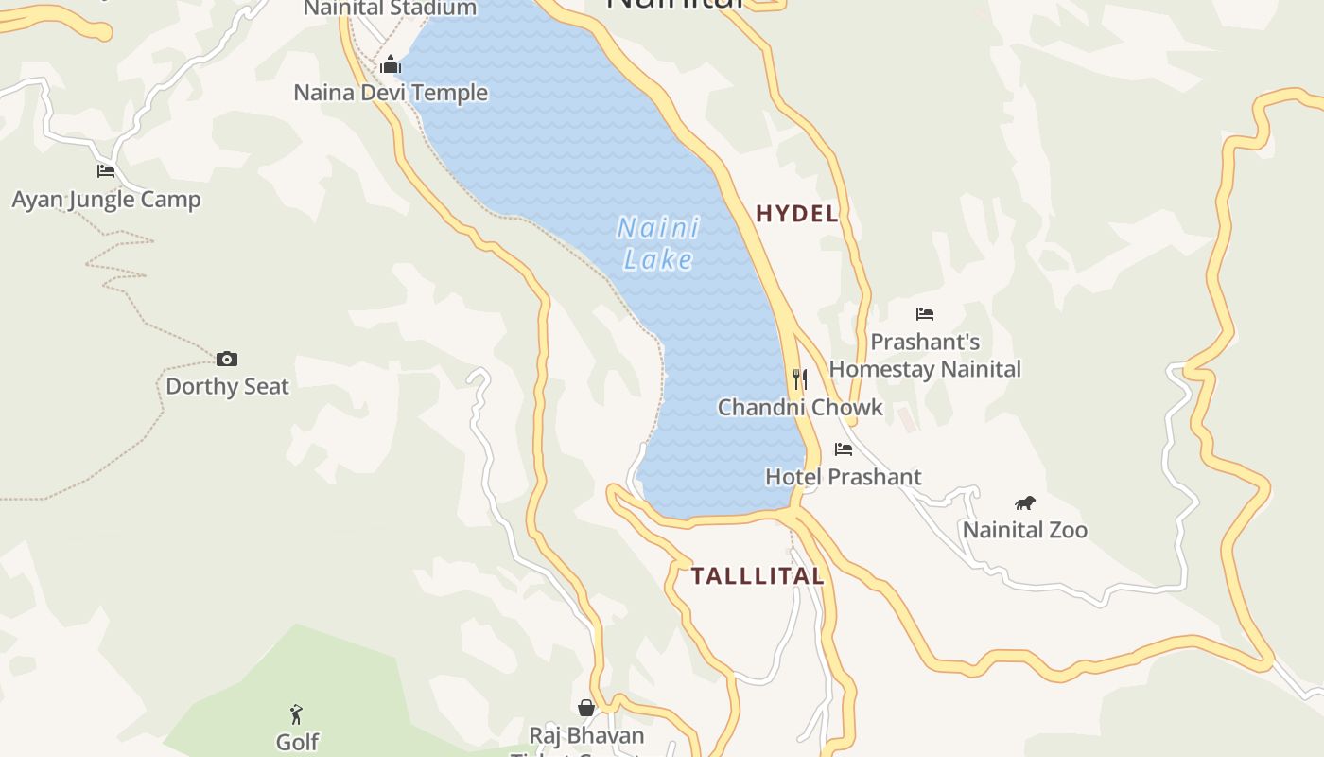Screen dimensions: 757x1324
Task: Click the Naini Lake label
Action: pyautogui.click(x=658, y=243)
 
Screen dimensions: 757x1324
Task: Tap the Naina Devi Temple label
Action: pyautogui.click(x=391, y=93)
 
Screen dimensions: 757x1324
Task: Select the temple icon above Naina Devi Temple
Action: pyautogui.click(x=391, y=64)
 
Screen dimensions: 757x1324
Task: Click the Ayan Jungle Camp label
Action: pyautogui.click(x=106, y=200)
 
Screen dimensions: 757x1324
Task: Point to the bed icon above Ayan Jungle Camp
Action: pyautogui.click(x=106, y=171)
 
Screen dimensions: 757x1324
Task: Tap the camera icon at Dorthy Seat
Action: pyautogui.click(x=227, y=359)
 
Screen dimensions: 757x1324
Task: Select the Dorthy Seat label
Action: pyautogui.click(x=227, y=386)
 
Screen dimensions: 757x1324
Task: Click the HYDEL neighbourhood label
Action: pyautogui.click(x=797, y=214)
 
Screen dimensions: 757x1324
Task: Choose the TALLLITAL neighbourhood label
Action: pyautogui.click(x=758, y=576)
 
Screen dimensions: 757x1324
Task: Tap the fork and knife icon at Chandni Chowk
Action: pyautogui.click(x=800, y=379)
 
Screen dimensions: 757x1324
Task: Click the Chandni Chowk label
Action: pyautogui.click(x=800, y=408)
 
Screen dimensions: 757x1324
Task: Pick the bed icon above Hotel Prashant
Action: pyautogui.click(x=844, y=449)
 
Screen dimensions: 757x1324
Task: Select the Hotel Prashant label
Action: pyautogui.click(x=844, y=477)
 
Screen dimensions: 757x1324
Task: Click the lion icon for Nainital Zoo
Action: pyautogui.click(x=1025, y=502)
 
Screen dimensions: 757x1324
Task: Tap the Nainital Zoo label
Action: pyautogui.click(x=1025, y=530)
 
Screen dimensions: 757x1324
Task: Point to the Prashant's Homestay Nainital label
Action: pyautogui.click(x=925, y=356)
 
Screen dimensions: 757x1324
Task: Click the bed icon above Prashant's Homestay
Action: pyautogui.click(x=925, y=313)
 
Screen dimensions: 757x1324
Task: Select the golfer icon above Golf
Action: pyautogui.click(x=297, y=713)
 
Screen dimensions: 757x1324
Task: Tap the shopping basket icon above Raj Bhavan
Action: pyautogui.click(x=586, y=708)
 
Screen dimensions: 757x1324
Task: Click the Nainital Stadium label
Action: pyautogui.click(x=391, y=9)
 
